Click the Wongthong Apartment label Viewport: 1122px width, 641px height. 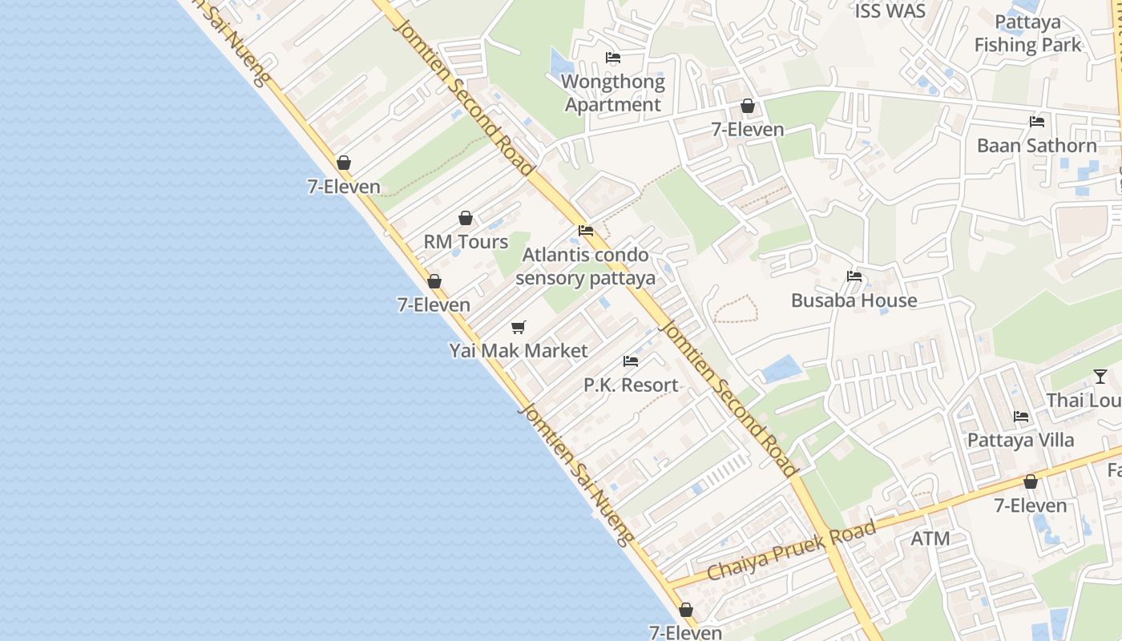tap(614, 93)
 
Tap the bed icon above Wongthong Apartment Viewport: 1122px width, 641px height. tap(613, 58)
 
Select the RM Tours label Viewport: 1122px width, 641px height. tap(466, 242)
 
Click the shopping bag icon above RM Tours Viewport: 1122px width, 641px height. tap(466, 218)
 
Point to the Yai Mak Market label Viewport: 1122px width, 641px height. tap(519, 351)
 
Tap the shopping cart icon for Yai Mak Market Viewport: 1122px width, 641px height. tap(519, 327)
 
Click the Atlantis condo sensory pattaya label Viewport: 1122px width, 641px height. tap(585, 267)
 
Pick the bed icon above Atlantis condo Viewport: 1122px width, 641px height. tap(586, 231)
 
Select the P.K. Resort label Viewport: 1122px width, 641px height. tap(631, 385)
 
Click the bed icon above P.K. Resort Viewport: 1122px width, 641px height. tap(631, 361)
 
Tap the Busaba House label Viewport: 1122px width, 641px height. tap(854, 300)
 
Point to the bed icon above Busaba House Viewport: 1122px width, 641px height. tap(854, 276)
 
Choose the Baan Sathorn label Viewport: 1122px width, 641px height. tap(1036, 146)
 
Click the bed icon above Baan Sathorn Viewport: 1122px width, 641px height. tap(1037, 122)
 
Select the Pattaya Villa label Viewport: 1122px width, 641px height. tap(1020, 440)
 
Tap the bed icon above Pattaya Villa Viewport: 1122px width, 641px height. tap(1021, 417)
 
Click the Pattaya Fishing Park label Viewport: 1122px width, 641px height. tap(1027, 34)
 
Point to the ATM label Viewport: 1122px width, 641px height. tap(930, 538)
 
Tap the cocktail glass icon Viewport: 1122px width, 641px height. tap(1100, 377)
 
